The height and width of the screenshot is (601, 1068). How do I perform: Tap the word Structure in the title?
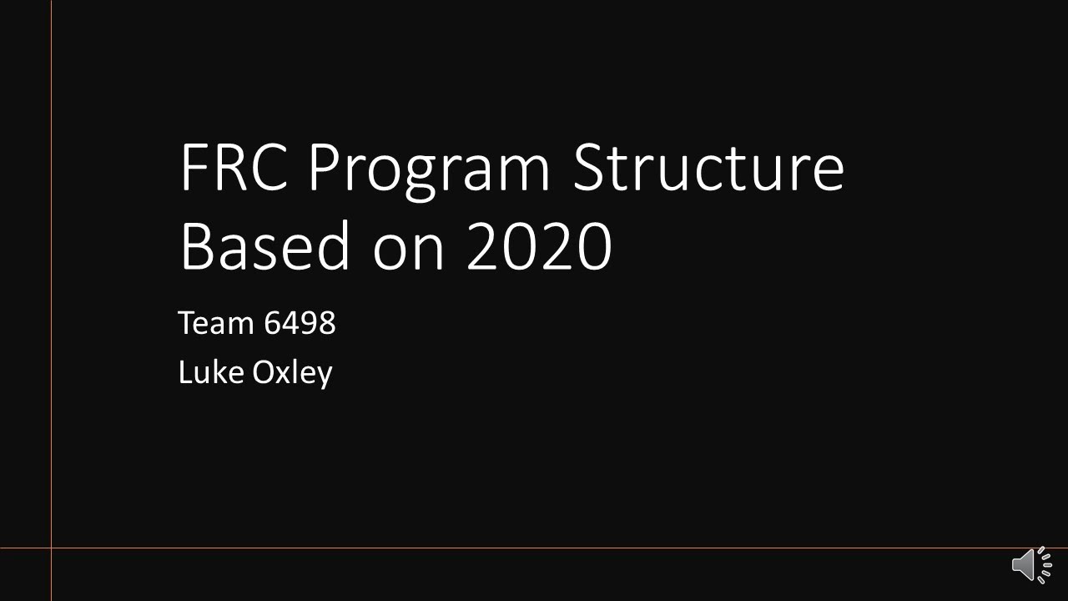click(x=708, y=167)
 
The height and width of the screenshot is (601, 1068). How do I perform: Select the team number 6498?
click(x=300, y=322)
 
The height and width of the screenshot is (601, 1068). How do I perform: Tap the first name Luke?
click(x=209, y=371)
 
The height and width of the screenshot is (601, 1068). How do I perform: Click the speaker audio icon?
click(x=1032, y=565)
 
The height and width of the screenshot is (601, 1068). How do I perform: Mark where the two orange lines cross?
click(x=51, y=548)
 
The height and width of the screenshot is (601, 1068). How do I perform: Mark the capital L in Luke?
click(x=184, y=371)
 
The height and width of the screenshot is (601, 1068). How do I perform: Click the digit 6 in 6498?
click(x=272, y=322)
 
